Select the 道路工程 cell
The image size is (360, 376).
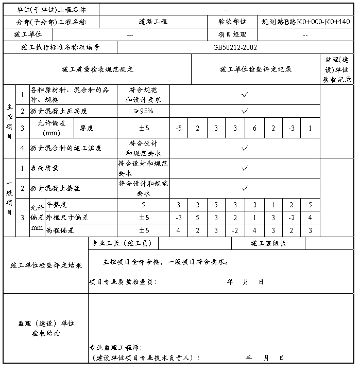pos(153,22)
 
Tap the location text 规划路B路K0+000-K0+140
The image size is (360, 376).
pos(305,22)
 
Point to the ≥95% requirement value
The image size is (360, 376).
pos(144,111)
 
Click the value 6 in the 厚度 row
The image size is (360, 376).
pos(254,128)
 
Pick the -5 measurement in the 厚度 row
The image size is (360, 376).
pos(178,128)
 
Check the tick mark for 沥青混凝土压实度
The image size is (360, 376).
pos(245,111)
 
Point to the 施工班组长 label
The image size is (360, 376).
pos(268,243)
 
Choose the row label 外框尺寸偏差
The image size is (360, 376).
pos(67,218)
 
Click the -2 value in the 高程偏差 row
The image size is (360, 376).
pos(235,230)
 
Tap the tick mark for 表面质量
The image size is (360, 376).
pos(245,168)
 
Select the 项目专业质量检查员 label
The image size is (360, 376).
pos(123,282)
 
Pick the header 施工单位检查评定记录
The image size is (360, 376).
pos(255,69)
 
